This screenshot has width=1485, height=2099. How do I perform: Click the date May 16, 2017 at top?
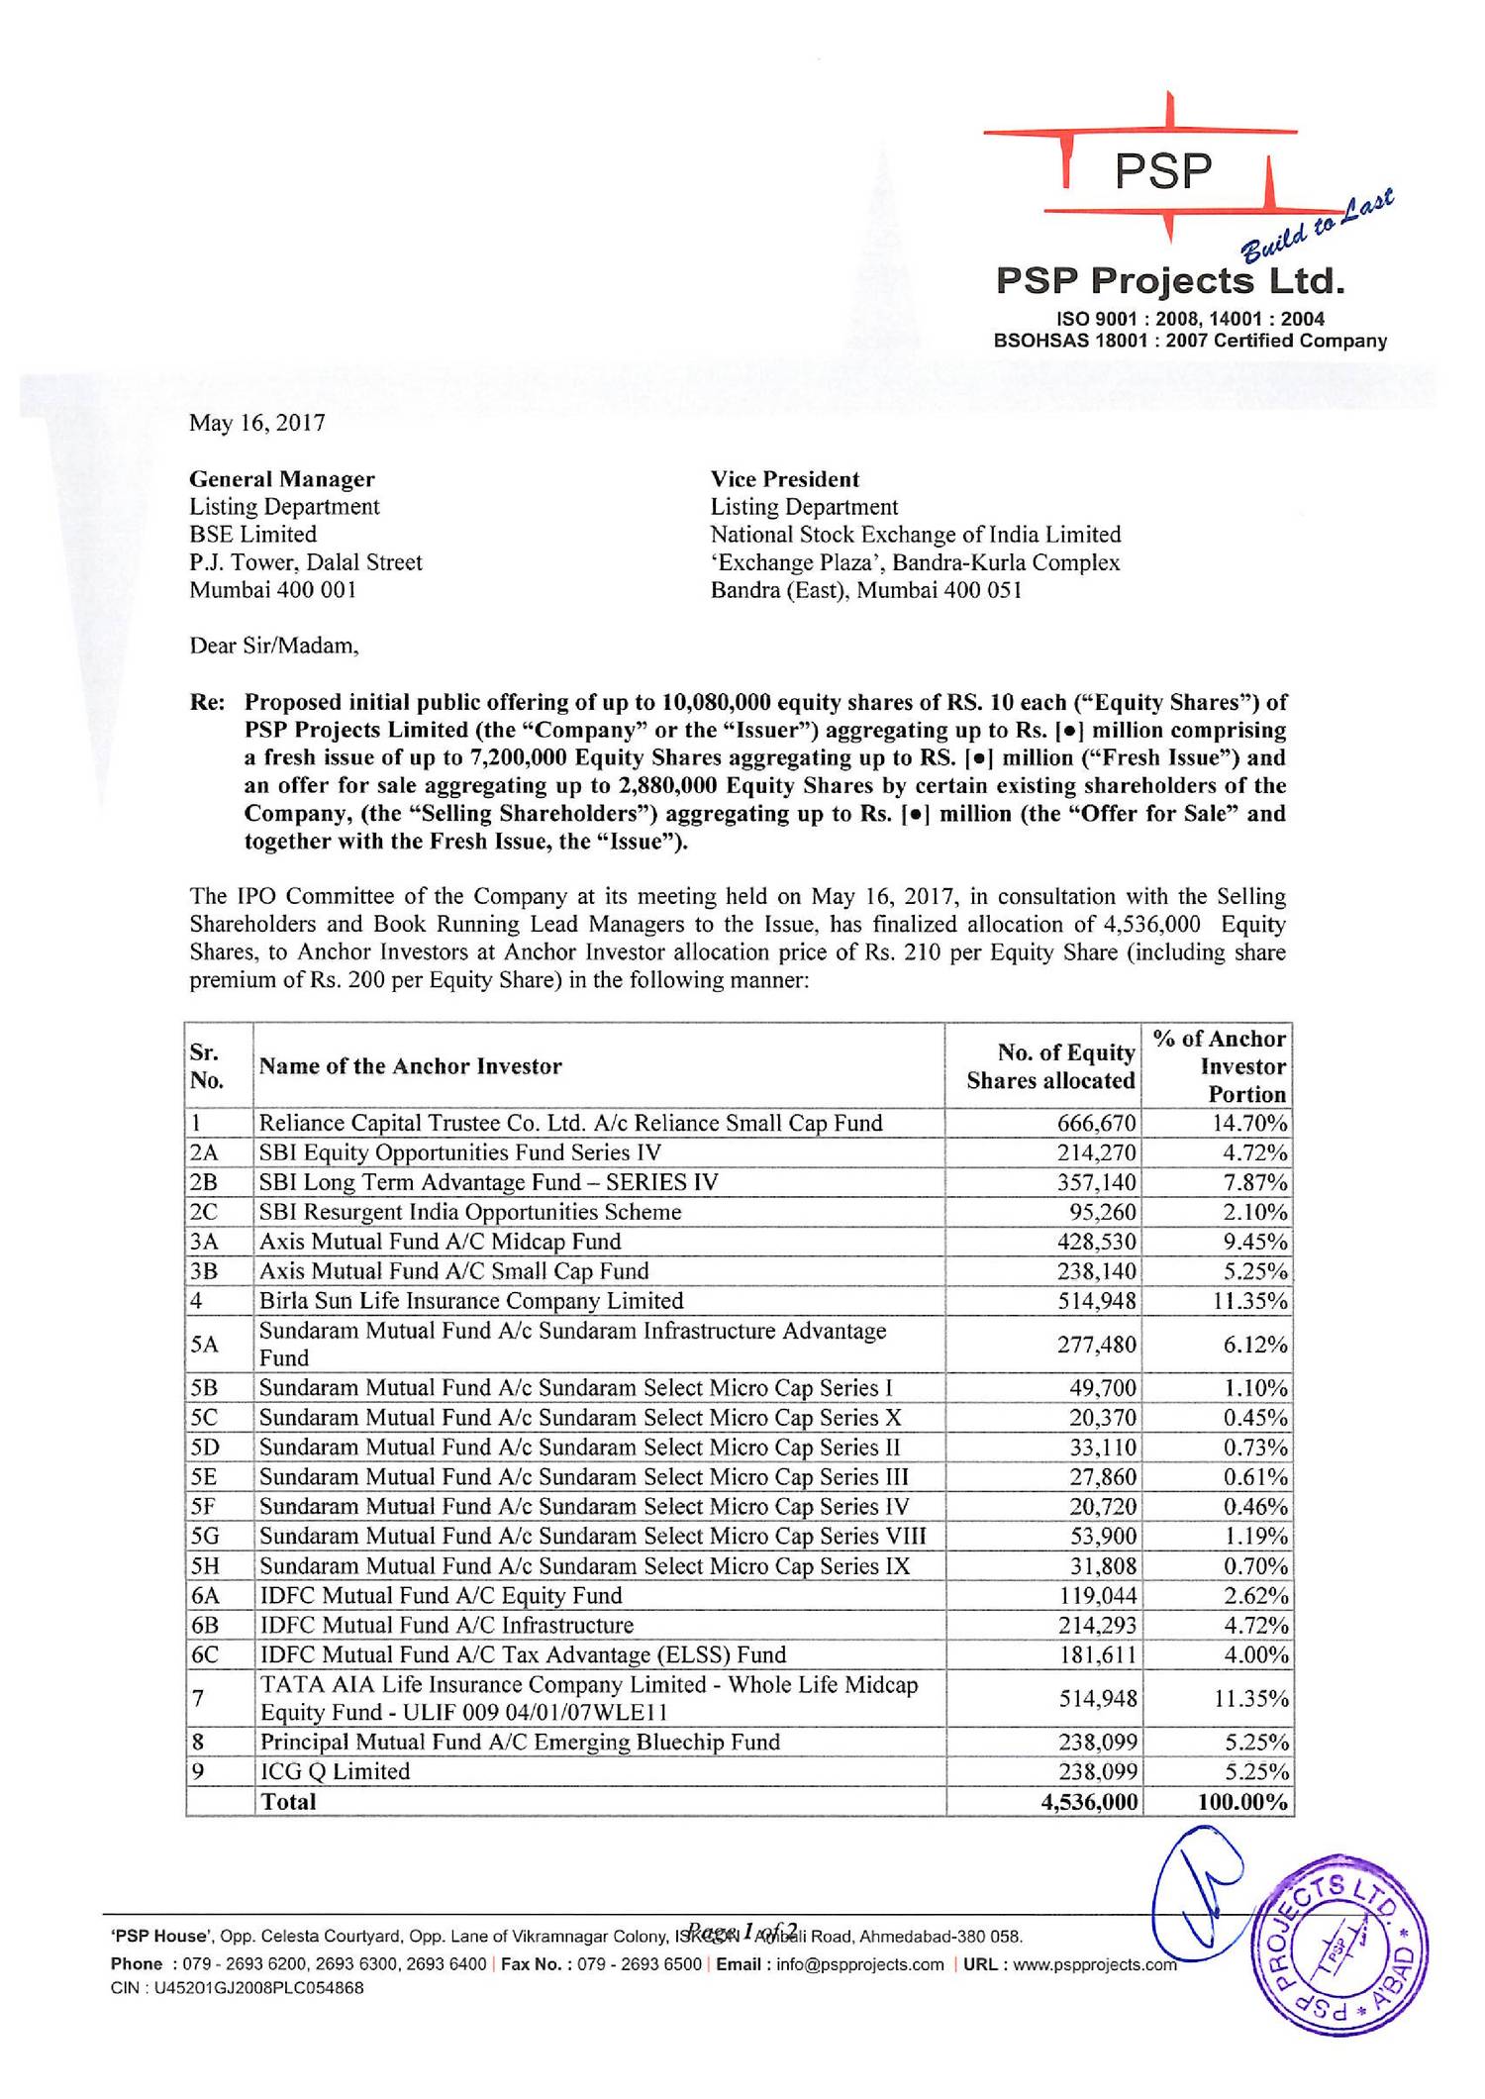(x=257, y=424)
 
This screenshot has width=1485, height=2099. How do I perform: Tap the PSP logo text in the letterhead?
(x=1162, y=171)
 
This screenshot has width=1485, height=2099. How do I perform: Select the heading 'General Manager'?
(x=282, y=479)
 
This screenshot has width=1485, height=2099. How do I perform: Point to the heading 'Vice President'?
(x=785, y=479)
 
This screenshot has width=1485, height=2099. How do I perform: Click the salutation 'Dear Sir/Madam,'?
(x=274, y=647)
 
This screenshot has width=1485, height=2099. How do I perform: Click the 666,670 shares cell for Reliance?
(x=1097, y=1123)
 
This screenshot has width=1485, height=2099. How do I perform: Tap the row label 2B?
(x=204, y=1182)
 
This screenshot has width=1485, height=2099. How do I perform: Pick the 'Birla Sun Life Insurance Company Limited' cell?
(x=471, y=1300)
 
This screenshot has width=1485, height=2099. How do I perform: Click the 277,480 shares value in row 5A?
(x=1097, y=1345)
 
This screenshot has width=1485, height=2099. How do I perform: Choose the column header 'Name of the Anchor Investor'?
(x=410, y=1066)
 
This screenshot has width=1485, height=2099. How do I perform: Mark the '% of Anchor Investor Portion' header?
(x=1220, y=1066)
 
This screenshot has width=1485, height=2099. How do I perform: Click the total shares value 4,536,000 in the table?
(x=1089, y=1801)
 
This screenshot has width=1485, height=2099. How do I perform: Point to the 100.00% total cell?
(x=1242, y=1801)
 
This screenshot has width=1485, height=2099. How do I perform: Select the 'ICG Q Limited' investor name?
(x=335, y=1771)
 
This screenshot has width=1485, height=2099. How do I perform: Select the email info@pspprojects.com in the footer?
(x=859, y=1964)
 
